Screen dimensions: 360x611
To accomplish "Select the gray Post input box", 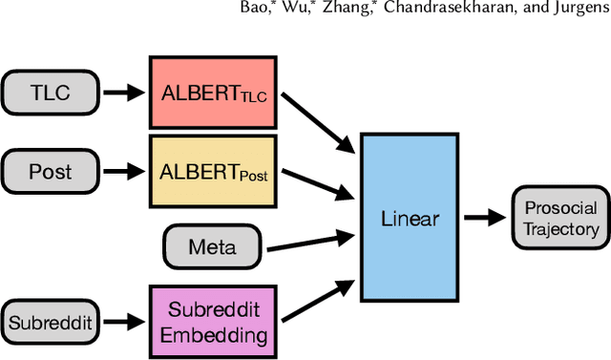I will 50,172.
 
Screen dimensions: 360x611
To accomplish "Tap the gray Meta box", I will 212,246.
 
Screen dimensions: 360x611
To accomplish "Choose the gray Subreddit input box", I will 50,322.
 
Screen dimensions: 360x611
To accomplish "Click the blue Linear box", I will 410,218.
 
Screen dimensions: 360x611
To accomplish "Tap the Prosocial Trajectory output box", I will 560,218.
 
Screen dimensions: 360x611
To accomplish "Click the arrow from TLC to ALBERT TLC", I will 122,94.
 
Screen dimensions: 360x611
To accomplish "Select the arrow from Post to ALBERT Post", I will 122,172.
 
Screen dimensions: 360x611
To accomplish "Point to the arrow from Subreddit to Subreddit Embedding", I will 122,322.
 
